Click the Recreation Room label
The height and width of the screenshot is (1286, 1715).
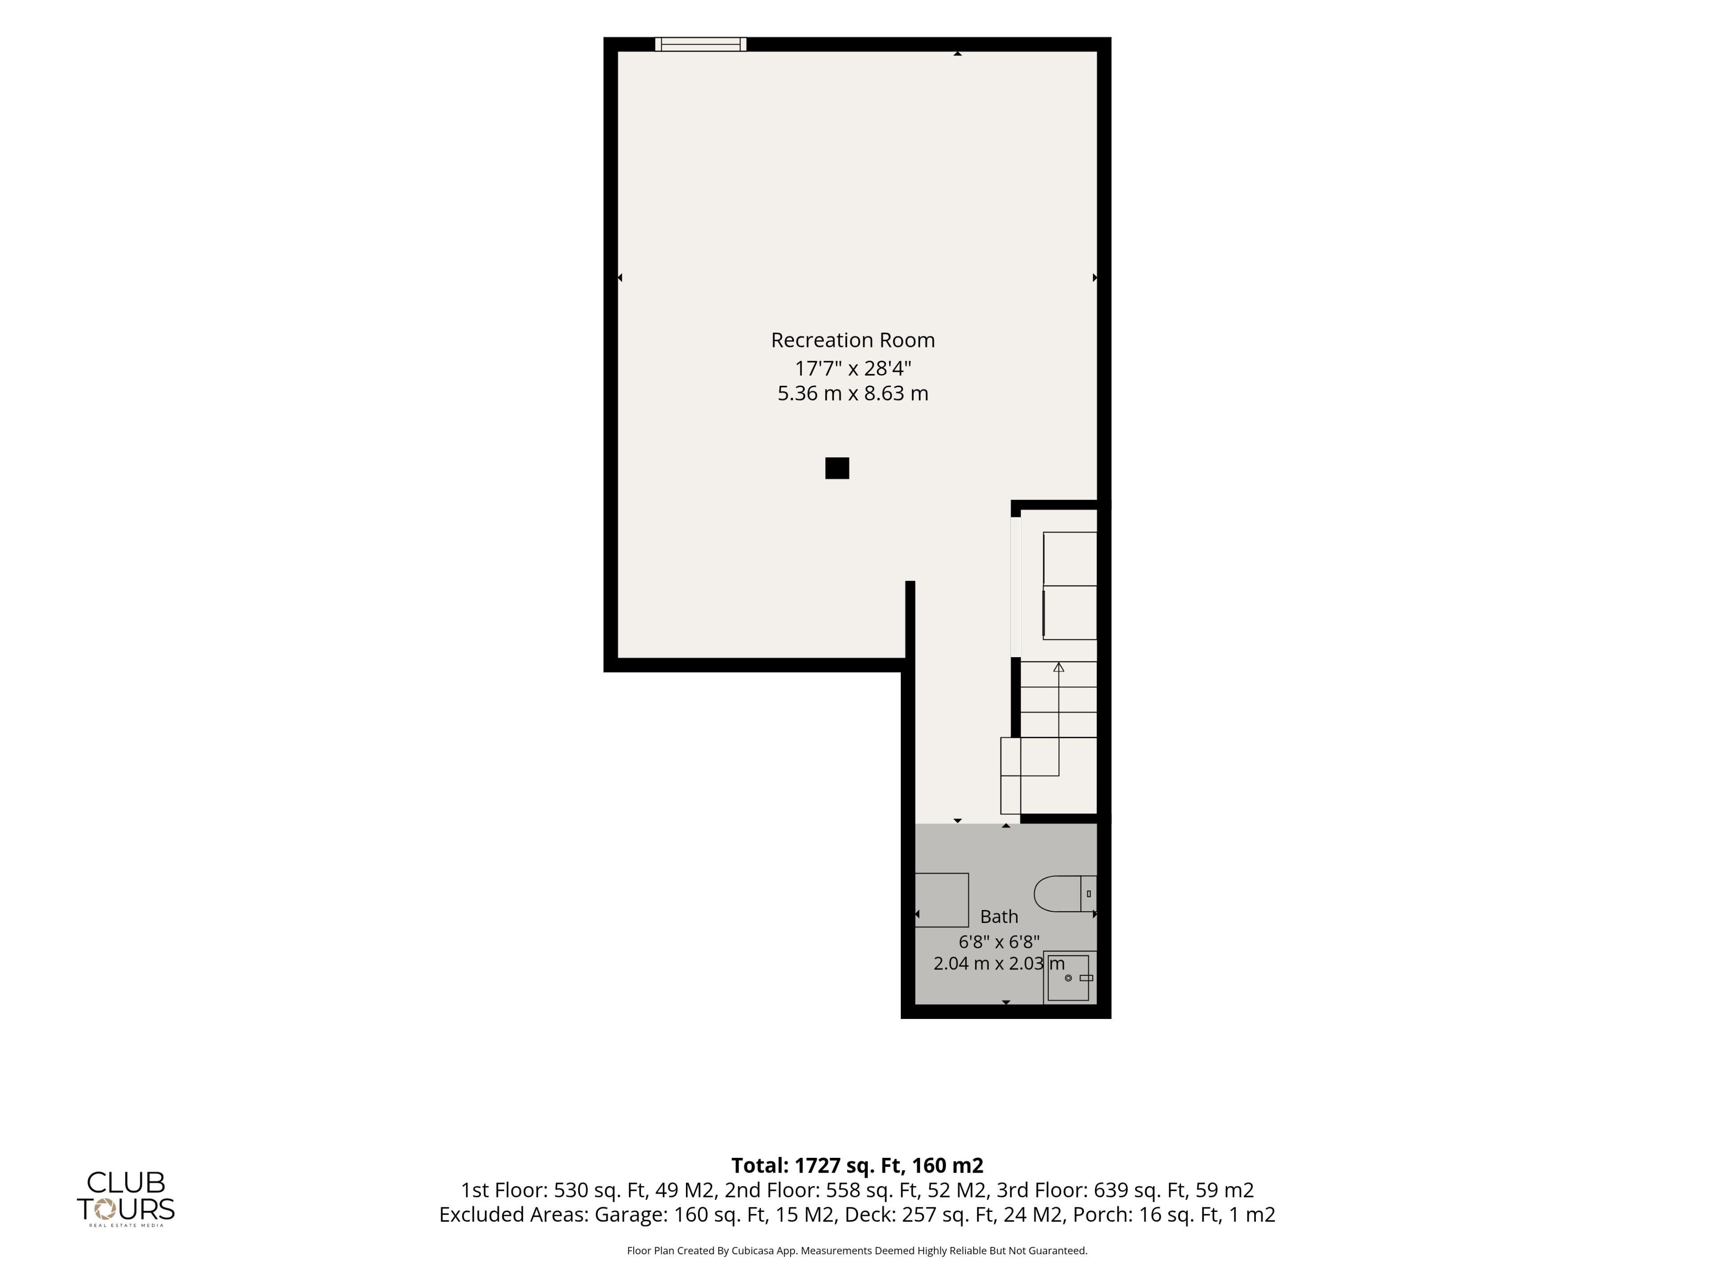[853, 340]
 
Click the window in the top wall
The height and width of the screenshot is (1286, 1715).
[701, 44]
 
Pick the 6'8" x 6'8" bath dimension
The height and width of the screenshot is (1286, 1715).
[999, 942]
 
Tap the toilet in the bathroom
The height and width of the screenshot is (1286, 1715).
[1065, 894]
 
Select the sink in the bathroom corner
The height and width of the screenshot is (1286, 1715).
[1070, 977]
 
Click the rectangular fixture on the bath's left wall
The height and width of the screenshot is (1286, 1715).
[942, 900]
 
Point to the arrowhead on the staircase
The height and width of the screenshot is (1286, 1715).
[1058, 667]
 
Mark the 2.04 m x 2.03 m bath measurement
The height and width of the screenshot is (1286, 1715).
[999, 964]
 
